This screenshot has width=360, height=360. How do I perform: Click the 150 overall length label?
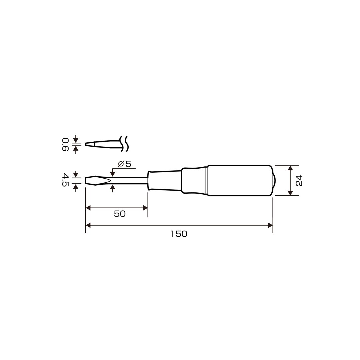pyautogui.click(x=179, y=234)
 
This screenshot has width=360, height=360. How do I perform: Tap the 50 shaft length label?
pyautogui.click(x=120, y=214)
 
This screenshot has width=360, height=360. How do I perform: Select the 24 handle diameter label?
pyautogui.click(x=299, y=180)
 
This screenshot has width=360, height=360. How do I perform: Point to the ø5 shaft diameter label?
pyautogui.click(x=124, y=164)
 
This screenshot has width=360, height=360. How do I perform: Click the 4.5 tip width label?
pyautogui.click(x=65, y=180)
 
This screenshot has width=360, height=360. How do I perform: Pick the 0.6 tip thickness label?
pyautogui.click(x=65, y=144)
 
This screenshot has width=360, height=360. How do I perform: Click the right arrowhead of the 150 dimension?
pyautogui.click(x=270, y=225)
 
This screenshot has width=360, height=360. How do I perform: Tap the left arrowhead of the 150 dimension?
pyautogui.click(x=88, y=225)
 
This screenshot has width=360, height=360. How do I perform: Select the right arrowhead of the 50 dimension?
pyautogui.click(x=145, y=208)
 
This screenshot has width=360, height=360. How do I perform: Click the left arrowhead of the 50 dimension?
pyautogui.click(x=88, y=208)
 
